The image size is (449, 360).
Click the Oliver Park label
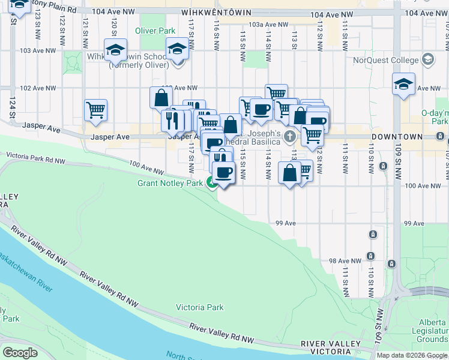point(155,31)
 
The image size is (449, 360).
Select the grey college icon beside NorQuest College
point(427,59)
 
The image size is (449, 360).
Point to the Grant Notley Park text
point(170,183)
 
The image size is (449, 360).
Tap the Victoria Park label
point(199,307)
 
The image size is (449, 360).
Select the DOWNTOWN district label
point(397,137)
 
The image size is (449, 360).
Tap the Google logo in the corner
point(20,352)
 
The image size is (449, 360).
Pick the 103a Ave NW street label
point(268,25)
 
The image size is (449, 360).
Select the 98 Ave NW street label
point(345,261)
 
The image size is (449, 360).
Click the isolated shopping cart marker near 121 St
point(96,110)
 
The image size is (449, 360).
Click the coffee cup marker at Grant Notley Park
point(224,173)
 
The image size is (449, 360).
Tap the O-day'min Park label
point(436,117)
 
